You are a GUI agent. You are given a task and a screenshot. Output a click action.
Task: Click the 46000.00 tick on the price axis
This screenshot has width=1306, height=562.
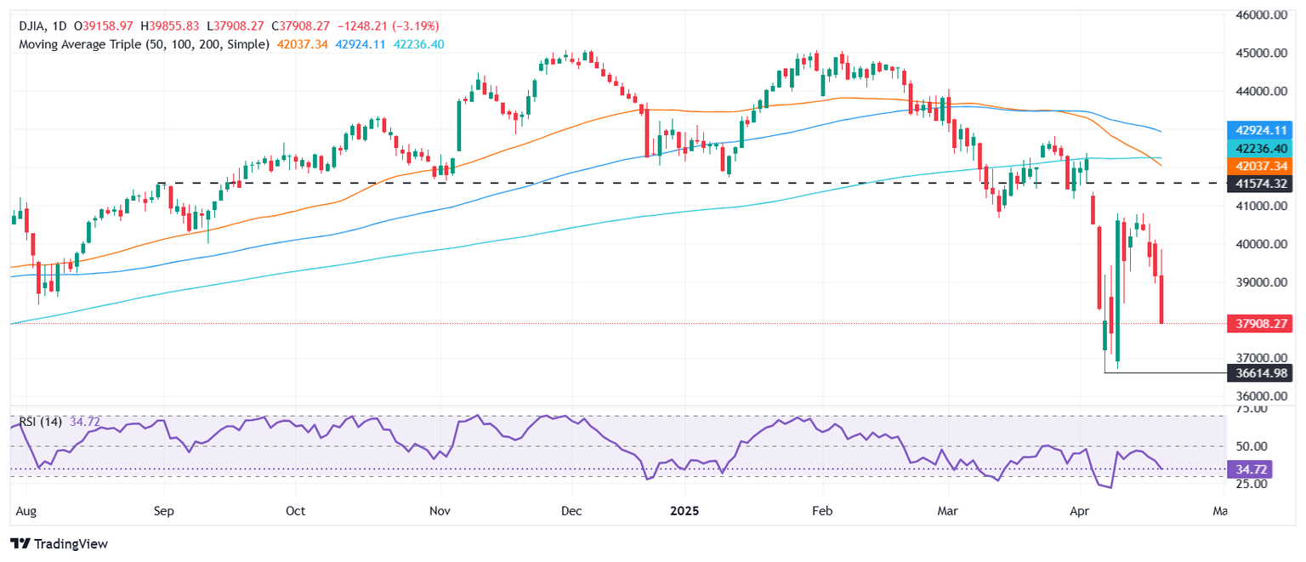click(x=1260, y=14)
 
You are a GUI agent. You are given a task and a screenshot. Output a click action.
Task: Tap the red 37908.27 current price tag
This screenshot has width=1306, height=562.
click(x=1260, y=324)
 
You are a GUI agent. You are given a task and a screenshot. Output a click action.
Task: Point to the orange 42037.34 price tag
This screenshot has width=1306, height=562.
click(x=1260, y=165)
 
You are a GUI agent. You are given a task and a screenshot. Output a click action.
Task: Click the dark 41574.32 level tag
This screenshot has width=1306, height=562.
click(x=1260, y=183)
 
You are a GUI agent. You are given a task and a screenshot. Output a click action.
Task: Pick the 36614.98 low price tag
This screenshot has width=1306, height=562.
click(x=1260, y=372)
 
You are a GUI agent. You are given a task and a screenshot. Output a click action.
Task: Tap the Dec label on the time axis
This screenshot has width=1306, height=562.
click(x=571, y=512)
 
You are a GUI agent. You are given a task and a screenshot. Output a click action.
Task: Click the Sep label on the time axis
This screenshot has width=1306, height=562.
click(x=164, y=512)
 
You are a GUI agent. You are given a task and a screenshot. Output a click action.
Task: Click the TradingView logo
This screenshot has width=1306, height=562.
click(x=59, y=543)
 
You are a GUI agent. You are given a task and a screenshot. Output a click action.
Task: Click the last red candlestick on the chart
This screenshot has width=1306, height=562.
click(x=1161, y=298)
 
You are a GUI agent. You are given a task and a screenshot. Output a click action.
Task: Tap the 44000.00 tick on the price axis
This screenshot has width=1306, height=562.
click(x=1260, y=91)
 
